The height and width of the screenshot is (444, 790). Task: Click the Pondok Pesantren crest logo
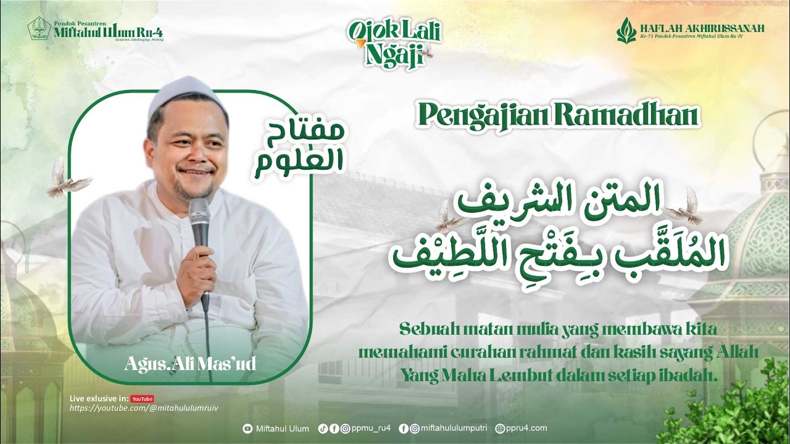[x=39, y=29]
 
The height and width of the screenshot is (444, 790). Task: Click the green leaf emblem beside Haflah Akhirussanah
[x=626, y=30]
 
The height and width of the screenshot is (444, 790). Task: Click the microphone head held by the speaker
[x=199, y=213]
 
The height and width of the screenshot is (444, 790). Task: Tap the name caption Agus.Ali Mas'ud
[x=190, y=363]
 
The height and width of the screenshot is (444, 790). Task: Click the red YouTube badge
[x=142, y=398]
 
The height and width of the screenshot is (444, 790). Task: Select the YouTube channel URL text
[x=144, y=408]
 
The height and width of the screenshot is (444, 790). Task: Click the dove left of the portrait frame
[x=66, y=178]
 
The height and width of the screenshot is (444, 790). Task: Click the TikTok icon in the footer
[x=323, y=429]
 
